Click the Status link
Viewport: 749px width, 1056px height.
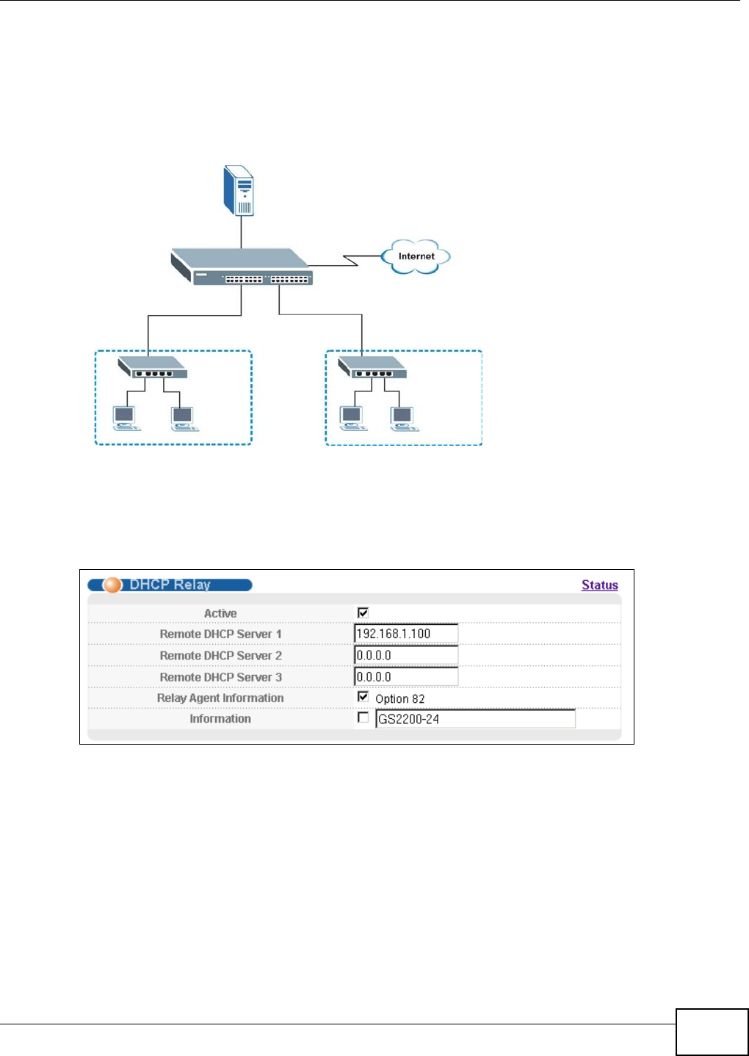(599, 585)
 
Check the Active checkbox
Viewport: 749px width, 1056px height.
(363, 612)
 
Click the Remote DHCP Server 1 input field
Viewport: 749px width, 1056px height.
(406, 634)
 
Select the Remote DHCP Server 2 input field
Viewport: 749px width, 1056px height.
(406, 655)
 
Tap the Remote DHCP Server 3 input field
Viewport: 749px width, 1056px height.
(406, 676)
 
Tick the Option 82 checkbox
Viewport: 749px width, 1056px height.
(363, 696)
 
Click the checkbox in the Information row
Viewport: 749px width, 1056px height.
(363, 717)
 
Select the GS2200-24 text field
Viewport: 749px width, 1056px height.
(475, 719)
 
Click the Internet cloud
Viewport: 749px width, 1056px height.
(416, 257)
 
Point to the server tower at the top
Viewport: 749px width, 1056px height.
(240, 190)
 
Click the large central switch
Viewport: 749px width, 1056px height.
(242, 267)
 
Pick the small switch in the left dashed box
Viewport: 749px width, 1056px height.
(153, 366)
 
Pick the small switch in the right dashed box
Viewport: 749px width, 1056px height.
(372, 366)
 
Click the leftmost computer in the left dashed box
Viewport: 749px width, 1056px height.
(126, 418)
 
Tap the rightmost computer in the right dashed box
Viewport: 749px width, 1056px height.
(403, 418)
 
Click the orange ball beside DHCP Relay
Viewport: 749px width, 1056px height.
(112, 585)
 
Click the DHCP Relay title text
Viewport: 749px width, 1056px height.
(170, 585)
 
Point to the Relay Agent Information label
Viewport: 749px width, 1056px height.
(220, 698)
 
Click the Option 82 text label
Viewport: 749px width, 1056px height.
(400, 699)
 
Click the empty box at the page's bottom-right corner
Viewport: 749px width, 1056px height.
(712, 1032)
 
